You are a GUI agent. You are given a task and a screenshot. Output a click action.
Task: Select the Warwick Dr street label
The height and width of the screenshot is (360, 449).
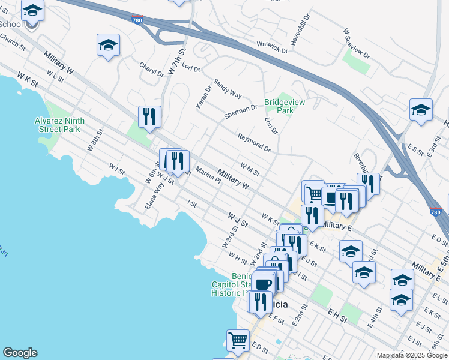coord(265,47)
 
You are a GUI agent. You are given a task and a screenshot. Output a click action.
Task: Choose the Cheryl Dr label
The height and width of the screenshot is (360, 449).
coord(151,70)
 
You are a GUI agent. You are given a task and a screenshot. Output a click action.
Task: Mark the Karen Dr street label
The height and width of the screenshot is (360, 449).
coord(204,97)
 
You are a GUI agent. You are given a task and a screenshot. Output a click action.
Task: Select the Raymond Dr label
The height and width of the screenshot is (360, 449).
coord(254,142)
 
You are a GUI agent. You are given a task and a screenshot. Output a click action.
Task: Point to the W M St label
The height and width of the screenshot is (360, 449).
coord(249,170)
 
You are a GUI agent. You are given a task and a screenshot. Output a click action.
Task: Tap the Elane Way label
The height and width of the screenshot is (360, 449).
coord(154,196)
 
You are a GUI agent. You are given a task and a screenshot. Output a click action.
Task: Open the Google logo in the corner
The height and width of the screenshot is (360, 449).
coord(20,353)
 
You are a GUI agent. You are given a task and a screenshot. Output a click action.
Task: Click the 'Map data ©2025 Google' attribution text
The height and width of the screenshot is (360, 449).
coord(411,355)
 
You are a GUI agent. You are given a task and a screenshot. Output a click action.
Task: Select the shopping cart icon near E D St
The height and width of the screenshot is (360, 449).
coord(238,340)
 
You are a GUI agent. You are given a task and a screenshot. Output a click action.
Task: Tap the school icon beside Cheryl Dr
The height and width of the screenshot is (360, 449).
coord(108,45)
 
